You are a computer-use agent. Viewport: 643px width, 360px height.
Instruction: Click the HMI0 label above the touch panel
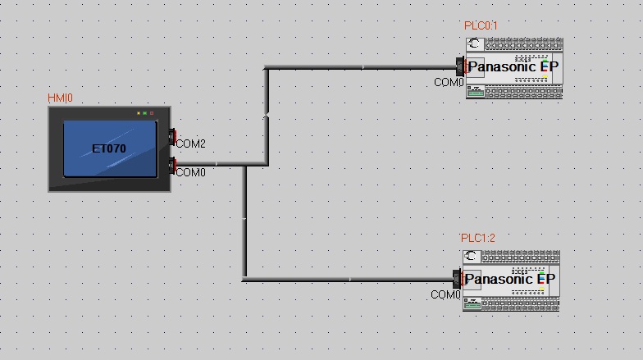click(61, 98)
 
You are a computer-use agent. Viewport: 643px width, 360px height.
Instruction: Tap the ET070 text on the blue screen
click(108, 149)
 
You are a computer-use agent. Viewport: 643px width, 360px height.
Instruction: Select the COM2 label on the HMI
click(190, 144)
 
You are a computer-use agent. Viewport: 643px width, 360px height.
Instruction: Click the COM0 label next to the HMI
click(190, 172)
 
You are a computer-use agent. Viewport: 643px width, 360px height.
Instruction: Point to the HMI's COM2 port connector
click(172, 134)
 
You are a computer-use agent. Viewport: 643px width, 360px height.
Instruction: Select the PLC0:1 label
click(481, 26)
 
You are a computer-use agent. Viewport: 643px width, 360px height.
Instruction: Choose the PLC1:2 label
click(478, 239)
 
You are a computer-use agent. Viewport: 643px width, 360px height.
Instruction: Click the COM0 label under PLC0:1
click(449, 83)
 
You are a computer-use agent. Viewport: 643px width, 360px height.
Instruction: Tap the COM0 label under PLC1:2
click(446, 294)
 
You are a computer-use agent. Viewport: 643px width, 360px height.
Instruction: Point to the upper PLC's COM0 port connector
click(461, 66)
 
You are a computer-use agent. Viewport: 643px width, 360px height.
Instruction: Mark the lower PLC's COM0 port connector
click(458, 279)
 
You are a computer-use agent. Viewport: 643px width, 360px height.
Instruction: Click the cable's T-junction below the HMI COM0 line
click(244, 165)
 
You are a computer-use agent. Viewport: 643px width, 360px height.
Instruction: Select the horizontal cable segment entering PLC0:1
click(361, 66)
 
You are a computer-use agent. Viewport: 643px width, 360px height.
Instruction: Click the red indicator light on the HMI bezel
click(152, 113)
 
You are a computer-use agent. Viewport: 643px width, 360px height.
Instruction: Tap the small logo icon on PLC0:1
click(474, 43)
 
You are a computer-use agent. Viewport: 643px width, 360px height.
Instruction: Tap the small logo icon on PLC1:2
click(472, 257)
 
